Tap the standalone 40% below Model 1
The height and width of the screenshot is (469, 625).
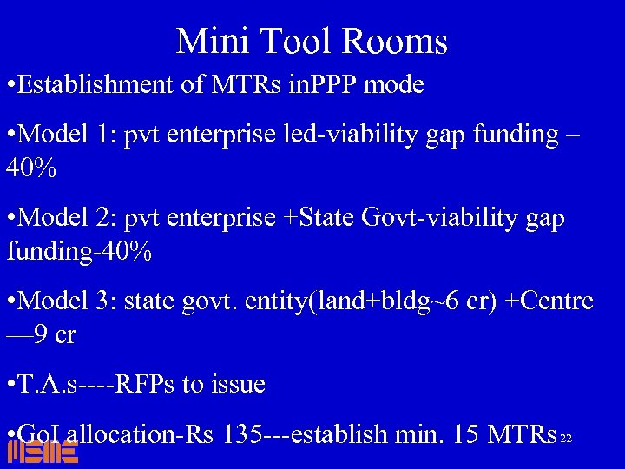click(x=31, y=168)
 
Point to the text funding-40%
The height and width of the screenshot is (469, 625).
click(x=79, y=252)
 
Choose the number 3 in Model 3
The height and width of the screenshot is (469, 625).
click(x=102, y=301)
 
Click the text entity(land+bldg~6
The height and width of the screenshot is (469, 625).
click(x=352, y=301)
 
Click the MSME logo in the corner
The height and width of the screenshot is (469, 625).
click(x=43, y=451)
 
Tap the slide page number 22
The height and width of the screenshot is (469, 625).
click(x=566, y=439)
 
